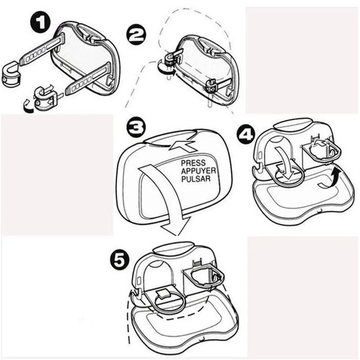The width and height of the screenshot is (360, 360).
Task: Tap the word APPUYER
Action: (198, 171)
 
